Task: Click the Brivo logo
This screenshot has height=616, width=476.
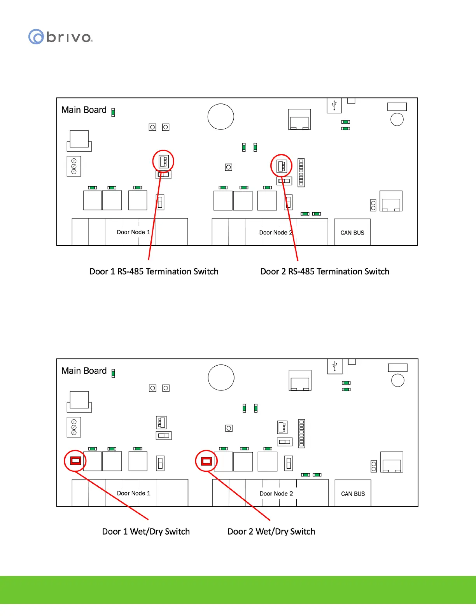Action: click(60, 37)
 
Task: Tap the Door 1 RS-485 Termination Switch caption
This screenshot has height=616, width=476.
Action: click(154, 271)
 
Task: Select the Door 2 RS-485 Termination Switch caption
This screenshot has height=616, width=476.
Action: click(325, 271)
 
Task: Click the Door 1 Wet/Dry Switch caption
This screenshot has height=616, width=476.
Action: click(146, 532)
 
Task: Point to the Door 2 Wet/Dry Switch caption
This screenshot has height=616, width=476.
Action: click(271, 532)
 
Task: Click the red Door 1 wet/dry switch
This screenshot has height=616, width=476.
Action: click(75, 461)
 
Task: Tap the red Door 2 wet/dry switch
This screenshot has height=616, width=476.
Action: click(206, 461)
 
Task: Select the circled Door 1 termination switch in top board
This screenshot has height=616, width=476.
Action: click(163, 161)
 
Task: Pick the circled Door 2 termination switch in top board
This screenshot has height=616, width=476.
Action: click(282, 166)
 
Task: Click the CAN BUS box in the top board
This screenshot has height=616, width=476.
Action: click(352, 233)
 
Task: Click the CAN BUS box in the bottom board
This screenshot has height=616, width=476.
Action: click(353, 493)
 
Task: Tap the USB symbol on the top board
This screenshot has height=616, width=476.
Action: click(334, 105)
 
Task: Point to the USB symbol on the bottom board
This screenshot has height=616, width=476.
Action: click(335, 366)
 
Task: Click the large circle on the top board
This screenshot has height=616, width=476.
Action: click(221, 117)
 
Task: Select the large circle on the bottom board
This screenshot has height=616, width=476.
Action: click(221, 378)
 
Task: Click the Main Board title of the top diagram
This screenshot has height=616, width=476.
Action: click(84, 110)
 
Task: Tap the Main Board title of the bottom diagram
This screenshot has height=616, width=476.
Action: click(84, 371)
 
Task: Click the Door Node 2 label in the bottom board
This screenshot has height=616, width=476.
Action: click(276, 493)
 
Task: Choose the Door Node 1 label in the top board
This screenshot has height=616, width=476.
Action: click(133, 232)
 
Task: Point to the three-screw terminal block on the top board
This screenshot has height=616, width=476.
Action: click(74, 166)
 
